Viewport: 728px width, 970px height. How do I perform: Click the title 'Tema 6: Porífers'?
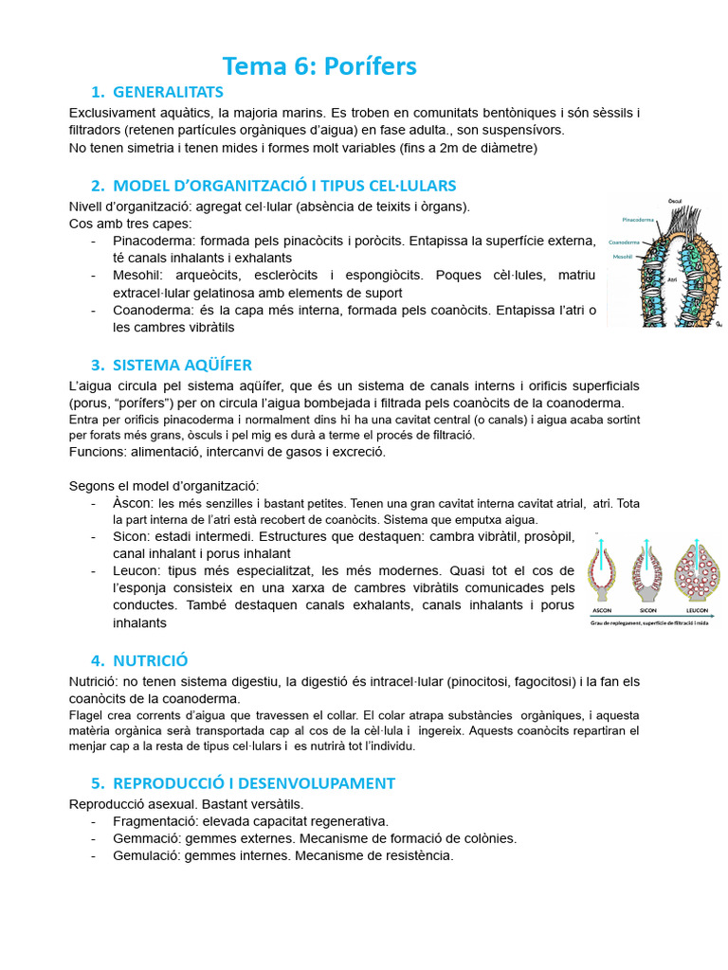[319, 66]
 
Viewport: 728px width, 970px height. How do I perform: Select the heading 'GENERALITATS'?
[168, 92]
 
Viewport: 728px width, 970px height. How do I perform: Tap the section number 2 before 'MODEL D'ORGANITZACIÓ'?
[97, 185]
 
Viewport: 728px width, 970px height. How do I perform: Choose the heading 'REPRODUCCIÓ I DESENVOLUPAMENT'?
[253, 783]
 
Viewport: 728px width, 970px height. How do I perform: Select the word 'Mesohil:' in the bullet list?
[140, 275]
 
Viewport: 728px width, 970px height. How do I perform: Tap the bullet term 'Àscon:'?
[133, 502]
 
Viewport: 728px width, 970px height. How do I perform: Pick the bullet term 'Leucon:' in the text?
[138, 570]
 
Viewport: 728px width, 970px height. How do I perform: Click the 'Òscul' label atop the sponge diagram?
[675, 201]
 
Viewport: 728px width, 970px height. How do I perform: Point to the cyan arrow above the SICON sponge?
[647, 541]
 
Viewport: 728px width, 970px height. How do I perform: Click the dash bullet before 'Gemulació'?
[94, 855]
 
